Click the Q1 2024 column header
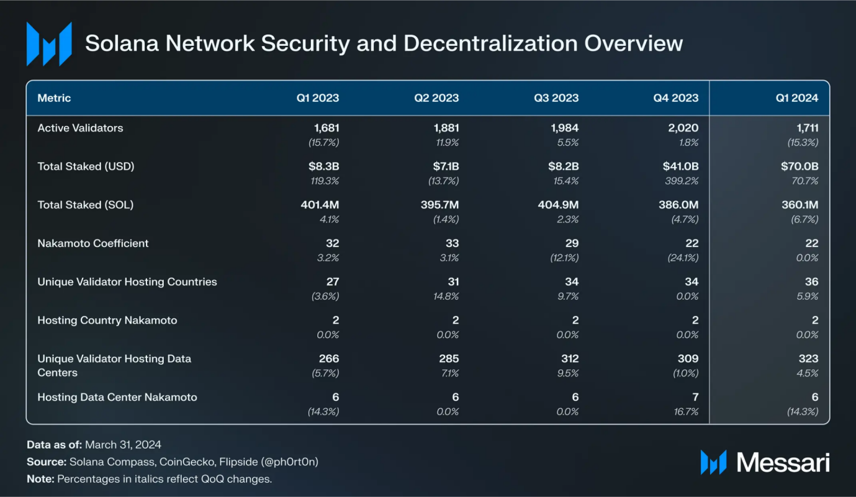(796, 98)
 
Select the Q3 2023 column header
(557, 98)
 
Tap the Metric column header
(54, 98)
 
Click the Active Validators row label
(80, 128)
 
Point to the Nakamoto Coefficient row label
(93, 243)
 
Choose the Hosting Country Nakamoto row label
(107, 320)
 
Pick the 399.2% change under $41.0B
(683, 181)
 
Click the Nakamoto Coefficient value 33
(452, 243)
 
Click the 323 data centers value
(808, 359)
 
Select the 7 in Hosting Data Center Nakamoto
(695, 397)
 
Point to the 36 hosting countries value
(811, 282)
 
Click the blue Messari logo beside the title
(48, 44)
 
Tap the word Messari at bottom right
(783, 462)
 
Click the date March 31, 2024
(123, 444)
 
